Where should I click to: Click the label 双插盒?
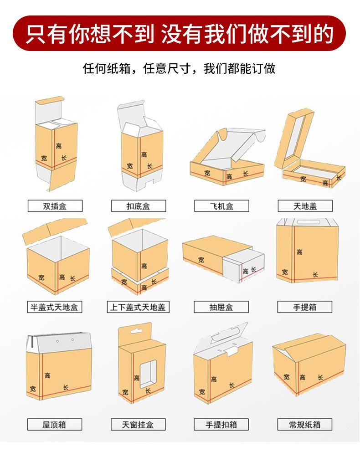(55, 206)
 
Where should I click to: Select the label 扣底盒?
(138, 206)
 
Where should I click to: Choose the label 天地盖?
(305, 206)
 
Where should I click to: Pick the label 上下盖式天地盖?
(138, 307)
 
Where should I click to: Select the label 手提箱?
(305, 307)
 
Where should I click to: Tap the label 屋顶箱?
(55, 424)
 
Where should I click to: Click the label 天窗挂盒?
(138, 424)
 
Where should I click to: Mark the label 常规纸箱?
(305, 424)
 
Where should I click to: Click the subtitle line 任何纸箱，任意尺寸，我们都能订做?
(180, 69)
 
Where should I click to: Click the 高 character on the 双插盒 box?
(59, 146)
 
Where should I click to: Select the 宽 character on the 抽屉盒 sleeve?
(201, 260)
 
